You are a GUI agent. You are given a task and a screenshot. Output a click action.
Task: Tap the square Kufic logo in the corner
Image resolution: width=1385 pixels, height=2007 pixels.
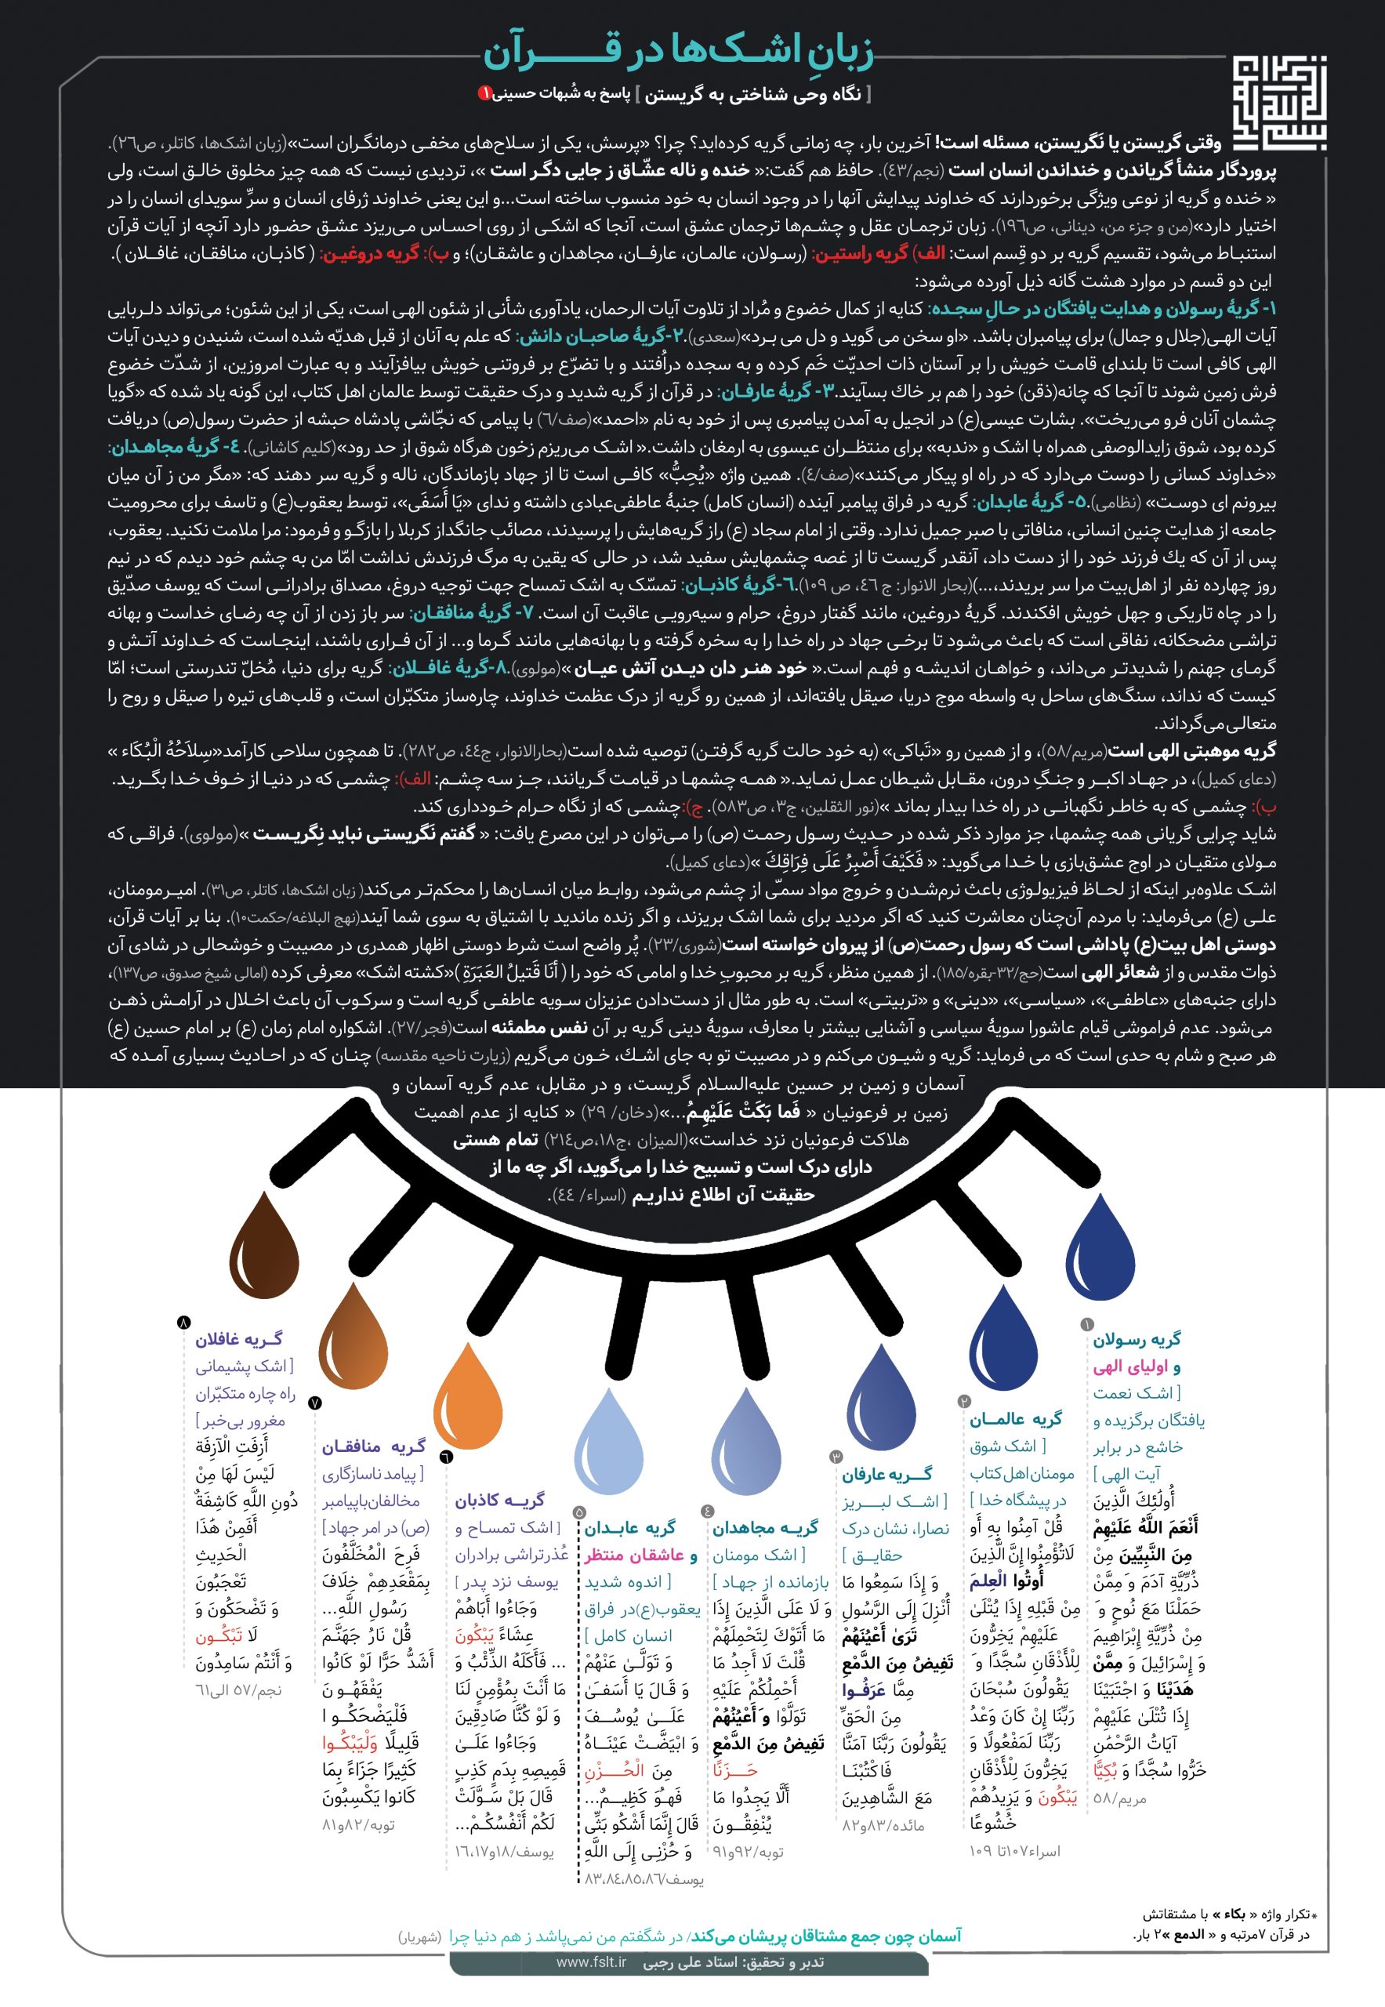[x=1279, y=103]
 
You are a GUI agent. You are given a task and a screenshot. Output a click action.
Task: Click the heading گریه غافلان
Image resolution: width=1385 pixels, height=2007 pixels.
[x=238, y=1340]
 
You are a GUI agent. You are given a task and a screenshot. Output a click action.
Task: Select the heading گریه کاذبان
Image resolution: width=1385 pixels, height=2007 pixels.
[x=500, y=1500]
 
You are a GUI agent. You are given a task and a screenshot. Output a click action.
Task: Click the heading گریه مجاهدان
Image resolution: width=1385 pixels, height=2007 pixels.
[x=764, y=1528]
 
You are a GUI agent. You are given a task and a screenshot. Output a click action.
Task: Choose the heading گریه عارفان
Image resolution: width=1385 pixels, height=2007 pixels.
[x=886, y=1474]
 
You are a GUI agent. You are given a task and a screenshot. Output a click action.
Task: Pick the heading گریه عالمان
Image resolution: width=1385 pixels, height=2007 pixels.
[x=1015, y=1418]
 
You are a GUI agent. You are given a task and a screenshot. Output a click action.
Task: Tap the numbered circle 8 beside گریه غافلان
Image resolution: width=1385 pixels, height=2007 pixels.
[x=183, y=1322]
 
